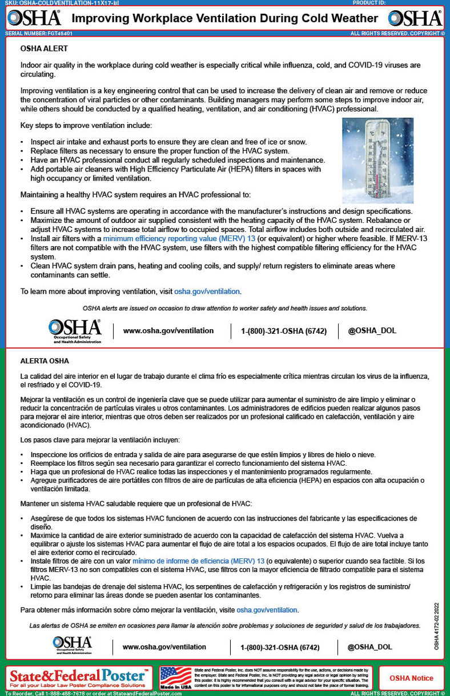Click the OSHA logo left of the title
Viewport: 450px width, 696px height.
(x=34, y=18)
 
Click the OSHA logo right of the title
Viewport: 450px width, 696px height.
(x=415, y=18)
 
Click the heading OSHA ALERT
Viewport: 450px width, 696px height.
(x=44, y=49)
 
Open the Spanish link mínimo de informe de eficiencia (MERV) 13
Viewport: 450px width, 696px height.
(x=198, y=561)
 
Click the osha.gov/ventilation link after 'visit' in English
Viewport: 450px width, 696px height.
(x=207, y=291)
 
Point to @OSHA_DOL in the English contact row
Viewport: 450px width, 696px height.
(x=372, y=331)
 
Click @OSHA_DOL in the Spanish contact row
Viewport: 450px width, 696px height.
(x=369, y=647)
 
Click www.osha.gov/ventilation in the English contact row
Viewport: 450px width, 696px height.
(x=168, y=331)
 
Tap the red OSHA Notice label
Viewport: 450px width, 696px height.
(x=411, y=678)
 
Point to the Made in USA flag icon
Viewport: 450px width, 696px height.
(x=175, y=677)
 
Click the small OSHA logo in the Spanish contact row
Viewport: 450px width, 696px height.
(x=73, y=644)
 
